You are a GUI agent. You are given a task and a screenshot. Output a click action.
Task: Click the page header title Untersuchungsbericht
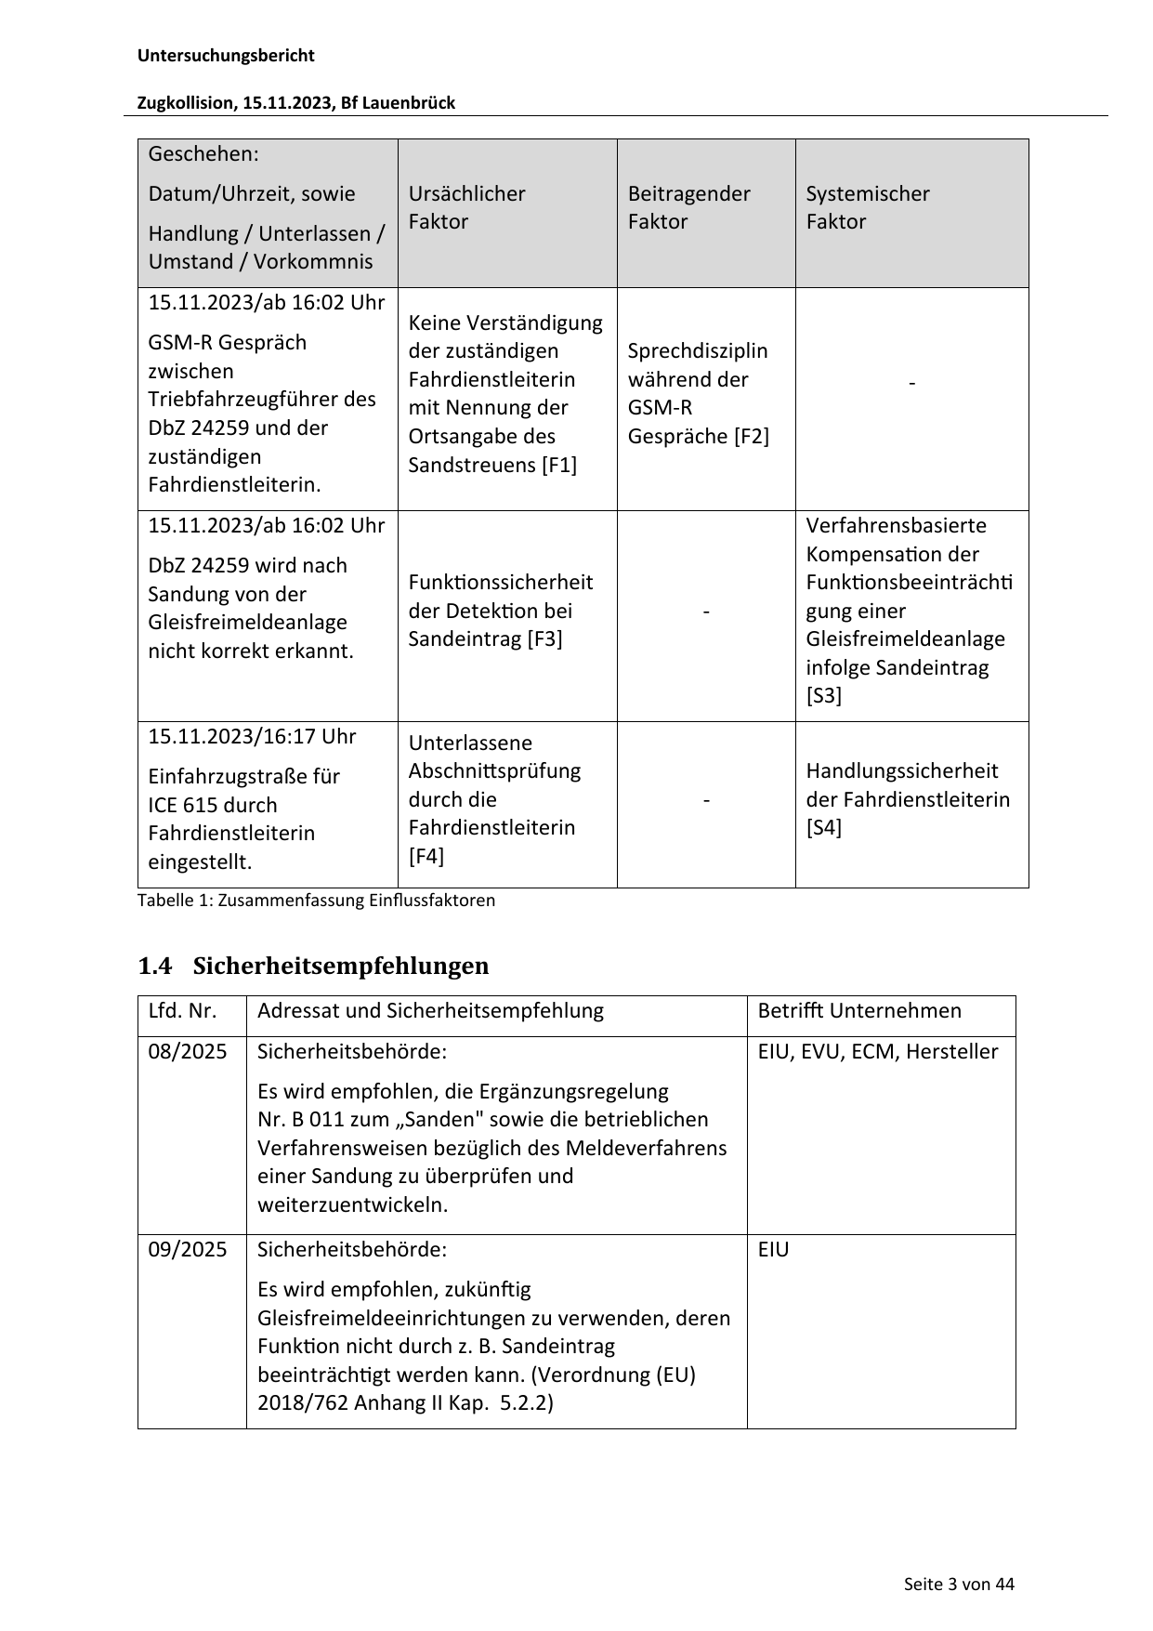[x=226, y=56]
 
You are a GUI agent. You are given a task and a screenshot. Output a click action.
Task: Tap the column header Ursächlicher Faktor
[x=466, y=207]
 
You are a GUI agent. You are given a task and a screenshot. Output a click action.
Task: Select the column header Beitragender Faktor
[x=688, y=207]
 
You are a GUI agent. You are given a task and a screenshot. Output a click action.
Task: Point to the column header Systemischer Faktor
[x=867, y=207]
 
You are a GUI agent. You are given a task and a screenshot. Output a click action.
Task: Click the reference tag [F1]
[x=559, y=465]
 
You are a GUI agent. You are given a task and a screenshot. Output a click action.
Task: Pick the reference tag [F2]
[x=751, y=436]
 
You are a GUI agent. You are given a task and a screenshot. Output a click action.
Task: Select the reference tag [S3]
[x=823, y=696]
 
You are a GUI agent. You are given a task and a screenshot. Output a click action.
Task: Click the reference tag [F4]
[x=426, y=856]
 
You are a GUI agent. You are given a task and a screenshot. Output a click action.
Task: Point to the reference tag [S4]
[x=823, y=827]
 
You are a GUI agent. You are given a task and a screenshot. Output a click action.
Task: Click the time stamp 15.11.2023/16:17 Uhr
[x=252, y=737]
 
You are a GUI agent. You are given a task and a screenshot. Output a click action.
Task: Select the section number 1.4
[x=154, y=967]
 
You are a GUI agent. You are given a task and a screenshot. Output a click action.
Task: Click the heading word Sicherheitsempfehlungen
[x=340, y=967]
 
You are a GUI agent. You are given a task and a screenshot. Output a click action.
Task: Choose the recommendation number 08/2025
[x=188, y=1052]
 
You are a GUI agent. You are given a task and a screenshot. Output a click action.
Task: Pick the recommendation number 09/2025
[x=188, y=1250]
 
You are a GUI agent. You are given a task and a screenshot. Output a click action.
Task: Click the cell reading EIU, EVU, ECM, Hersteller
[x=877, y=1052]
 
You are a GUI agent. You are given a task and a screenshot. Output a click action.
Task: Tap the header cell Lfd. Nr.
[x=182, y=1011]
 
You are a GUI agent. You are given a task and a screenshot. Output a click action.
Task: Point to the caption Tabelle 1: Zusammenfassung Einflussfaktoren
[x=316, y=901]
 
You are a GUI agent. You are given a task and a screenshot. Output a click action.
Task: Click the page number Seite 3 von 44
[x=959, y=1585]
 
